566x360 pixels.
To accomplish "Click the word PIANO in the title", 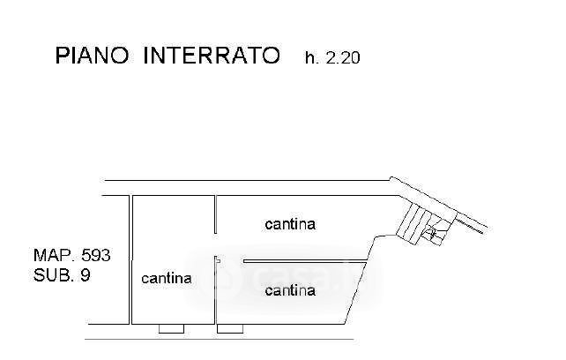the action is [x=92, y=56].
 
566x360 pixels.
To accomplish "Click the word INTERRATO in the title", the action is [x=212, y=56].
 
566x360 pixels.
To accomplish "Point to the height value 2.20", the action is [x=343, y=58].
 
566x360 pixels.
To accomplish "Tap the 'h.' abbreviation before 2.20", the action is [x=312, y=58].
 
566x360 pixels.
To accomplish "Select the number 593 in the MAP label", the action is [x=96, y=255].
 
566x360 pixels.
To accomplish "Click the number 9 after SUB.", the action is [x=86, y=275].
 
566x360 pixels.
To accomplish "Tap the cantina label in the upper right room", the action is [x=290, y=224].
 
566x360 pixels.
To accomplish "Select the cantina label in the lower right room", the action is [x=290, y=290].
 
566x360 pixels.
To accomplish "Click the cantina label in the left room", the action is [x=167, y=278].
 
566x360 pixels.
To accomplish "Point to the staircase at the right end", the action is [x=425, y=224].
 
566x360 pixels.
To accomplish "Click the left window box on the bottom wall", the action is [x=171, y=328].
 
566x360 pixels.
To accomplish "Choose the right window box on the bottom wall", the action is [x=230, y=328].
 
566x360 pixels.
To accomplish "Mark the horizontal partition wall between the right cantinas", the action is [x=305, y=261].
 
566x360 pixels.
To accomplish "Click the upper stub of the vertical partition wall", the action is [x=215, y=214].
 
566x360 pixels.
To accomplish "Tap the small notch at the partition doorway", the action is [x=218, y=260].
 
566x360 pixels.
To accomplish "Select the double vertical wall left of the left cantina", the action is [x=130, y=260].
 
